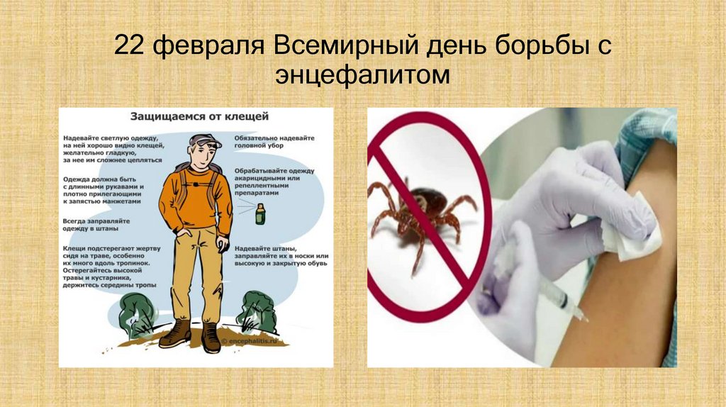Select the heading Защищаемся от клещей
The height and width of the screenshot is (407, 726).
pos(198,114)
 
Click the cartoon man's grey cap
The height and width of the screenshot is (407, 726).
pos(204,140)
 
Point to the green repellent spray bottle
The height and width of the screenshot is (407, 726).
pos(259,213)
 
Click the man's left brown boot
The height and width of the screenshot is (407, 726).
pos(174,333)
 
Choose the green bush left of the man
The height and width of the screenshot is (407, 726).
pos(138,312)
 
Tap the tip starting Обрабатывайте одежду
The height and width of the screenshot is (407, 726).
pos(274,181)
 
